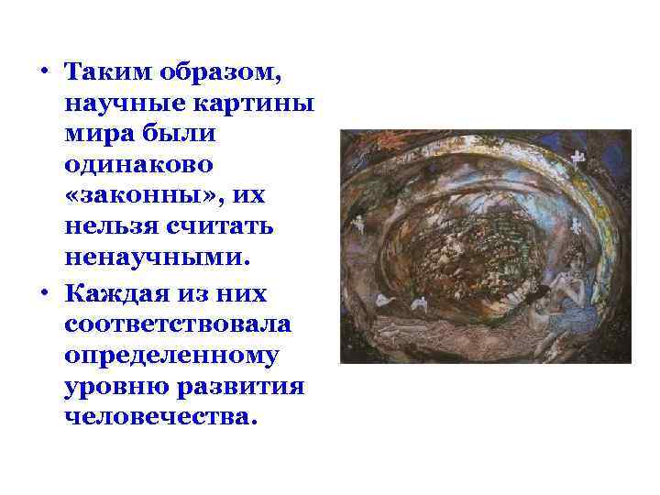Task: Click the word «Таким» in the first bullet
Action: tap(102, 72)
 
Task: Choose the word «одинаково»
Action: tap(138, 166)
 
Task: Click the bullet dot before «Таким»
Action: tap(43, 72)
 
